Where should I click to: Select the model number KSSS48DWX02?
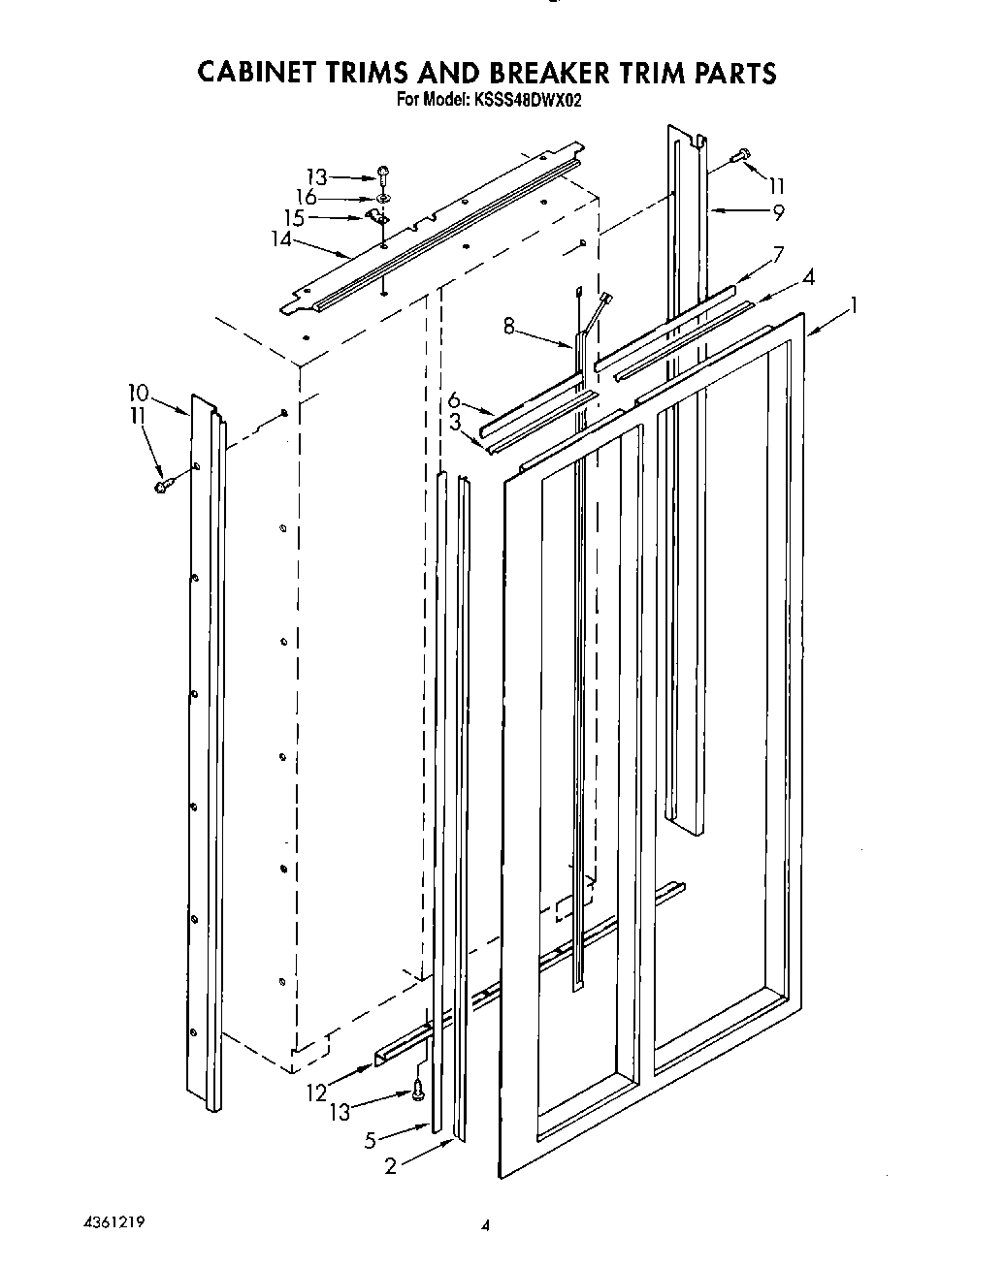527,98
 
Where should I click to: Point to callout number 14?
282,238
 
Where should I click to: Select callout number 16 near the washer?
307,197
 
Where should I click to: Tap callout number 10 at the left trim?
138,393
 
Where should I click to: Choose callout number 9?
777,212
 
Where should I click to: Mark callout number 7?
777,256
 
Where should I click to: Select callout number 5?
370,1141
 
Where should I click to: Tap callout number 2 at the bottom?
390,1166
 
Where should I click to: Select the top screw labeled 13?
384,175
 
